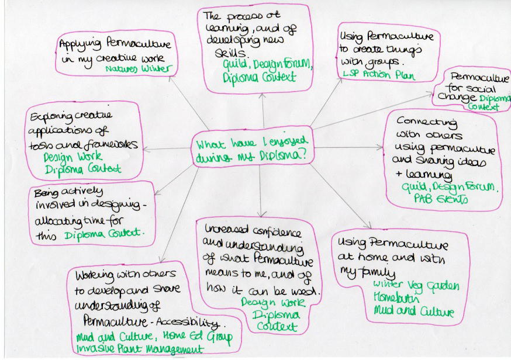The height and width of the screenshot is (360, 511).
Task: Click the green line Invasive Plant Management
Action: [x=140, y=349]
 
